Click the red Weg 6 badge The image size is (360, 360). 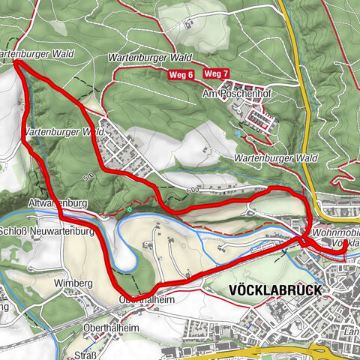[181, 74]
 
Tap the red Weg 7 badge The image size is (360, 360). [216, 73]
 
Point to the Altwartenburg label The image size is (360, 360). [57, 203]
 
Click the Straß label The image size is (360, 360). [85, 355]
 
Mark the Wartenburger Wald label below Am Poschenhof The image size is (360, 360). [275, 158]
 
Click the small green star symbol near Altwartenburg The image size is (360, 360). [129, 210]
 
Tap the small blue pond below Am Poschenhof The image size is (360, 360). [237, 133]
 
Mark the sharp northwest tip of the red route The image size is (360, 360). [16, 64]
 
